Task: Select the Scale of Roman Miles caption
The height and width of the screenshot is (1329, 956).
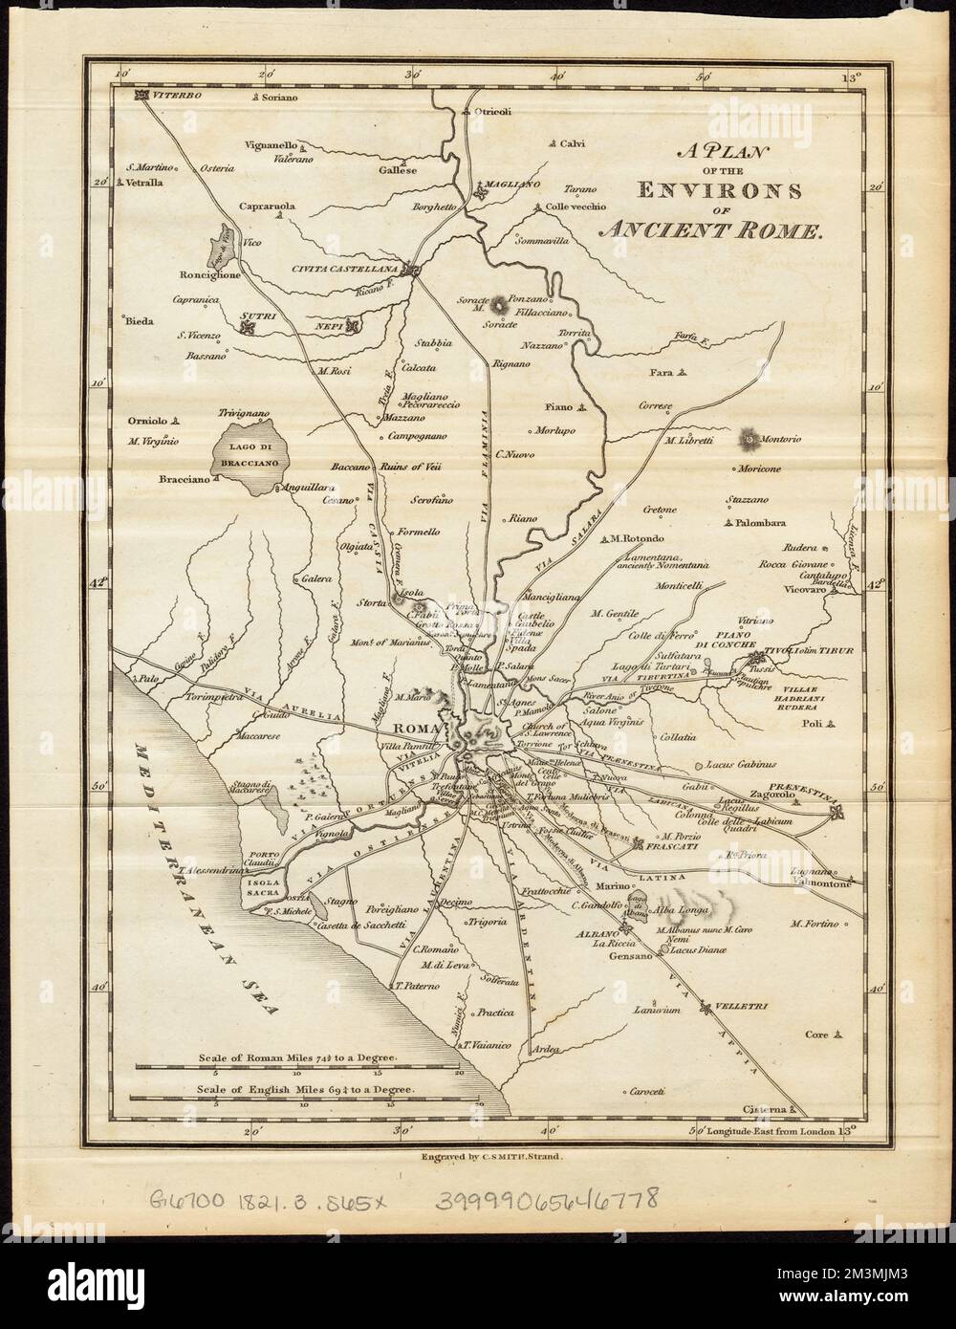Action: tap(295, 1058)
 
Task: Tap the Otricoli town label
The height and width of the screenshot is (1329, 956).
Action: tap(494, 111)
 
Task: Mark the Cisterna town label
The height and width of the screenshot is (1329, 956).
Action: tap(763, 1109)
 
